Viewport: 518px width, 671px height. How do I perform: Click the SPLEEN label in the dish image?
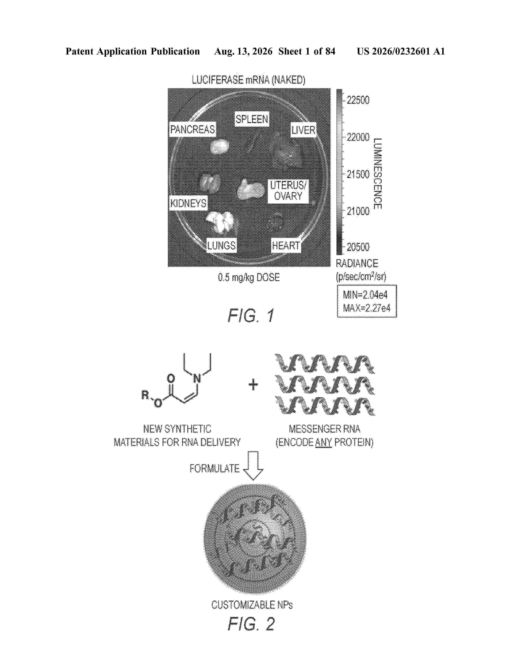(x=252, y=119)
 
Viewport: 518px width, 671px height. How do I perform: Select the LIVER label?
(x=303, y=130)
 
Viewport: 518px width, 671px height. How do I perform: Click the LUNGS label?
(x=221, y=245)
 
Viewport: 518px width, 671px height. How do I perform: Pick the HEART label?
(x=286, y=245)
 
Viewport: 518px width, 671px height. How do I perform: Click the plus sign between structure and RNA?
(x=253, y=385)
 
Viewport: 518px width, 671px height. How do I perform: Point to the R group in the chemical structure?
(x=145, y=394)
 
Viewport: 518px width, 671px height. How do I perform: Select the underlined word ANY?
(x=323, y=442)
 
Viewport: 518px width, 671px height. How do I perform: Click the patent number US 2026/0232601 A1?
(x=401, y=51)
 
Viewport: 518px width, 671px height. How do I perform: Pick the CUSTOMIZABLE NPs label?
(x=252, y=605)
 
